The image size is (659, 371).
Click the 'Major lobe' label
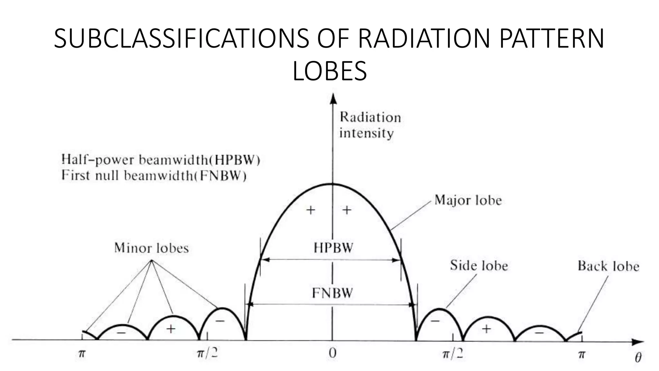(x=468, y=200)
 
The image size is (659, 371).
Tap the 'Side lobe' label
(x=479, y=265)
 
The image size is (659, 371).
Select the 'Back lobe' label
(x=608, y=266)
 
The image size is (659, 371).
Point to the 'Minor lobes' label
(x=151, y=248)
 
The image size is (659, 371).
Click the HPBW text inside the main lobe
(x=333, y=248)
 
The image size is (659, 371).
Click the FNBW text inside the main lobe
(x=332, y=293)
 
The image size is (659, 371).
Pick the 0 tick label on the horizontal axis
(x=332, y=353)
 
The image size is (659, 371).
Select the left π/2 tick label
(x=207, y=353)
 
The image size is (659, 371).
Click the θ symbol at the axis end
(x=638, y=357)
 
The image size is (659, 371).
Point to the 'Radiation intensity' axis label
(x=370, y=125)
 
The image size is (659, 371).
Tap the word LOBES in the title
(x=330, y=71)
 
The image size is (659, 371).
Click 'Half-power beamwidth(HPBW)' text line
(x=161, y=160)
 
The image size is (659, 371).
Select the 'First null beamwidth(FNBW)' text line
(x=154, y=176)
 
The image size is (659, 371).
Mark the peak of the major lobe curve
(x=332, y=184)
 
